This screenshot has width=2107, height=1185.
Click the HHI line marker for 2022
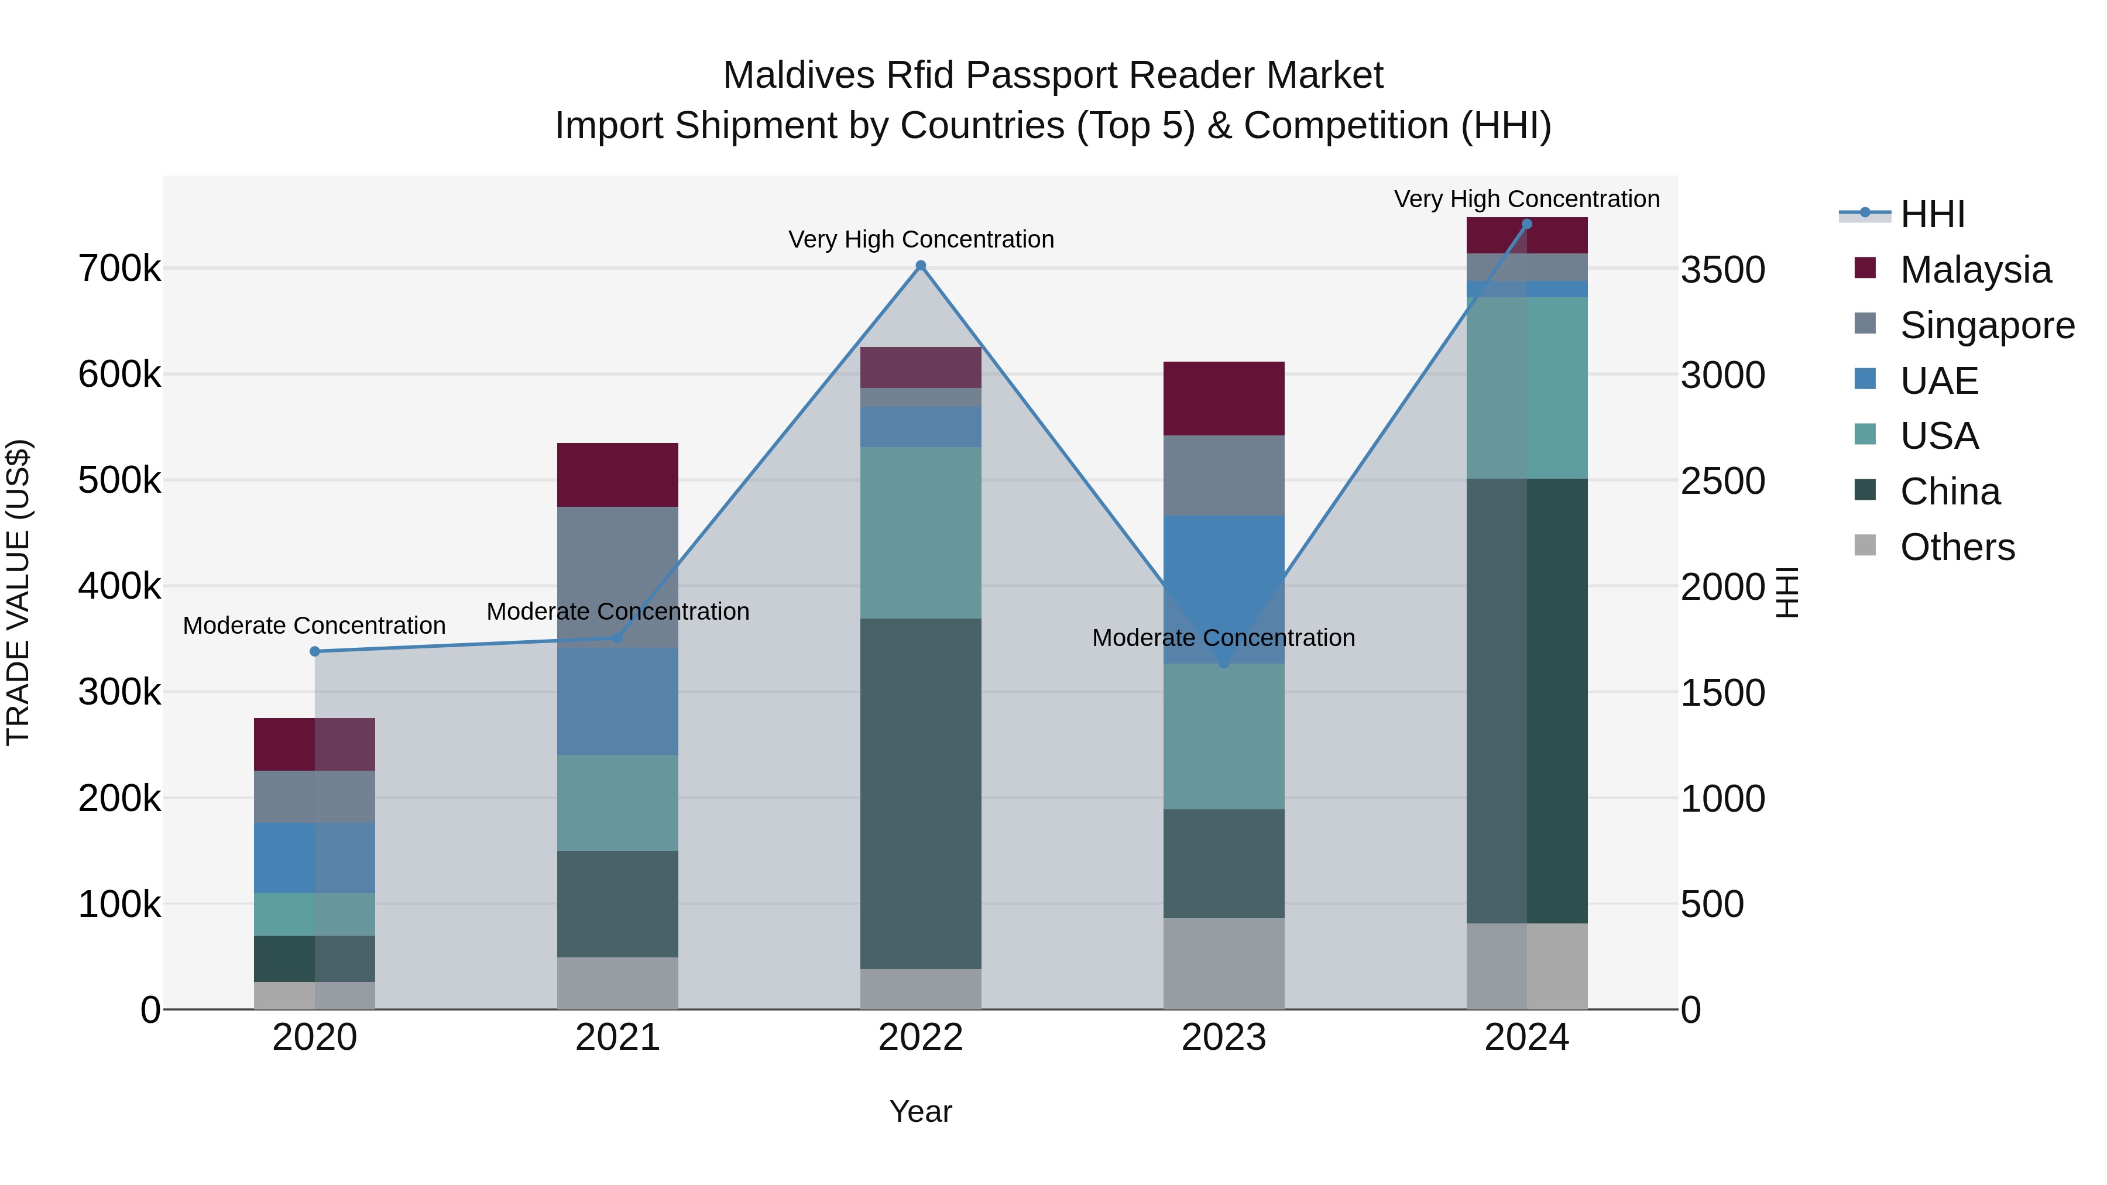tap(920, 266)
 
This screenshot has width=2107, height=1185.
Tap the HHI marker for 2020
tap(315, 652)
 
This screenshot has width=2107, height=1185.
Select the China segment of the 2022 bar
tap(920, 794)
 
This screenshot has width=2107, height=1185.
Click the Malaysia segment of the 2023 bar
tap(1224, 399)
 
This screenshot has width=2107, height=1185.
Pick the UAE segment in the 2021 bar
tap(617, 701)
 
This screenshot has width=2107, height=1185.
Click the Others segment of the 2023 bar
tap(1224, 963)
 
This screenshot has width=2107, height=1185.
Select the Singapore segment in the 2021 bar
tap(617, 576)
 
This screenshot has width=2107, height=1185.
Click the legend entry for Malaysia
tap(1975, 270)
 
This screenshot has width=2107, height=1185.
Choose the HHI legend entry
tap(1932, 214)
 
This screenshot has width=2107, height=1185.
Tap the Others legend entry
tap(1957, 547)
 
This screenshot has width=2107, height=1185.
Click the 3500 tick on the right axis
tap(1722, 270)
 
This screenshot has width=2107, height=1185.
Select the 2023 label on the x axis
tap(1224, 1038)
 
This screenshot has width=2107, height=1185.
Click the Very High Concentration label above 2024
tap(1526, 199)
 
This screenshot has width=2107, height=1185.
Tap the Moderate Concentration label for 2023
tap(1224, 638)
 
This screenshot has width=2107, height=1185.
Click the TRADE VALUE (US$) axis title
tap(18, 592)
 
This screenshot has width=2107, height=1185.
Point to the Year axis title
tap(920, 1111)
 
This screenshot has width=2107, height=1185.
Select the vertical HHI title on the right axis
tap(1789, 592)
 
